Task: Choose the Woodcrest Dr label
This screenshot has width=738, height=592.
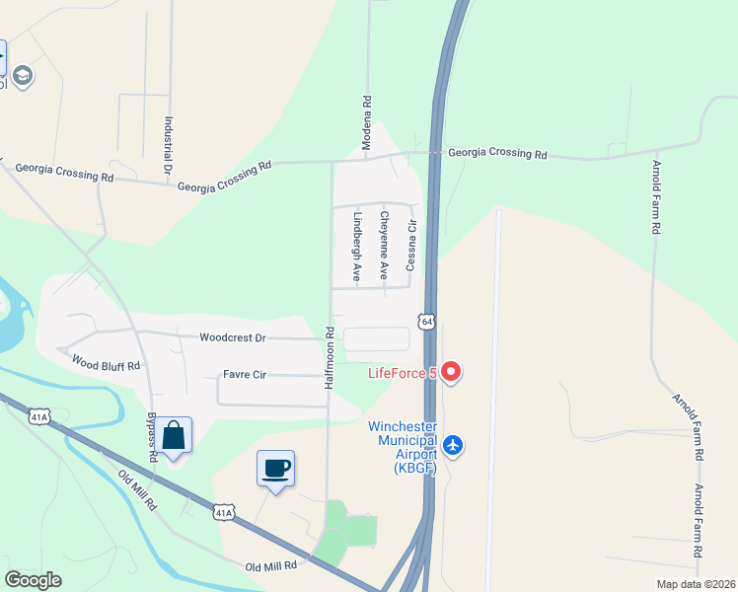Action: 233,337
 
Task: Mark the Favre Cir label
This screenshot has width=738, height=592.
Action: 246,375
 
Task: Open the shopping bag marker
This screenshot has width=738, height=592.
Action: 174,435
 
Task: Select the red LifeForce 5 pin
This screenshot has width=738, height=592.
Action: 451,372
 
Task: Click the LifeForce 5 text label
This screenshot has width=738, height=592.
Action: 403,373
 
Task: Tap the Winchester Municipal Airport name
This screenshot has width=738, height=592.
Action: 403,443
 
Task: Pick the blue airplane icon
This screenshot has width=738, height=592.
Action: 453,445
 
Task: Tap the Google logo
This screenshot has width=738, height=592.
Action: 34,580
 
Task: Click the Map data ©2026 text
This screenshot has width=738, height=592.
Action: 696,584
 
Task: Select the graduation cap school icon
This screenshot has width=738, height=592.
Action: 22,75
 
